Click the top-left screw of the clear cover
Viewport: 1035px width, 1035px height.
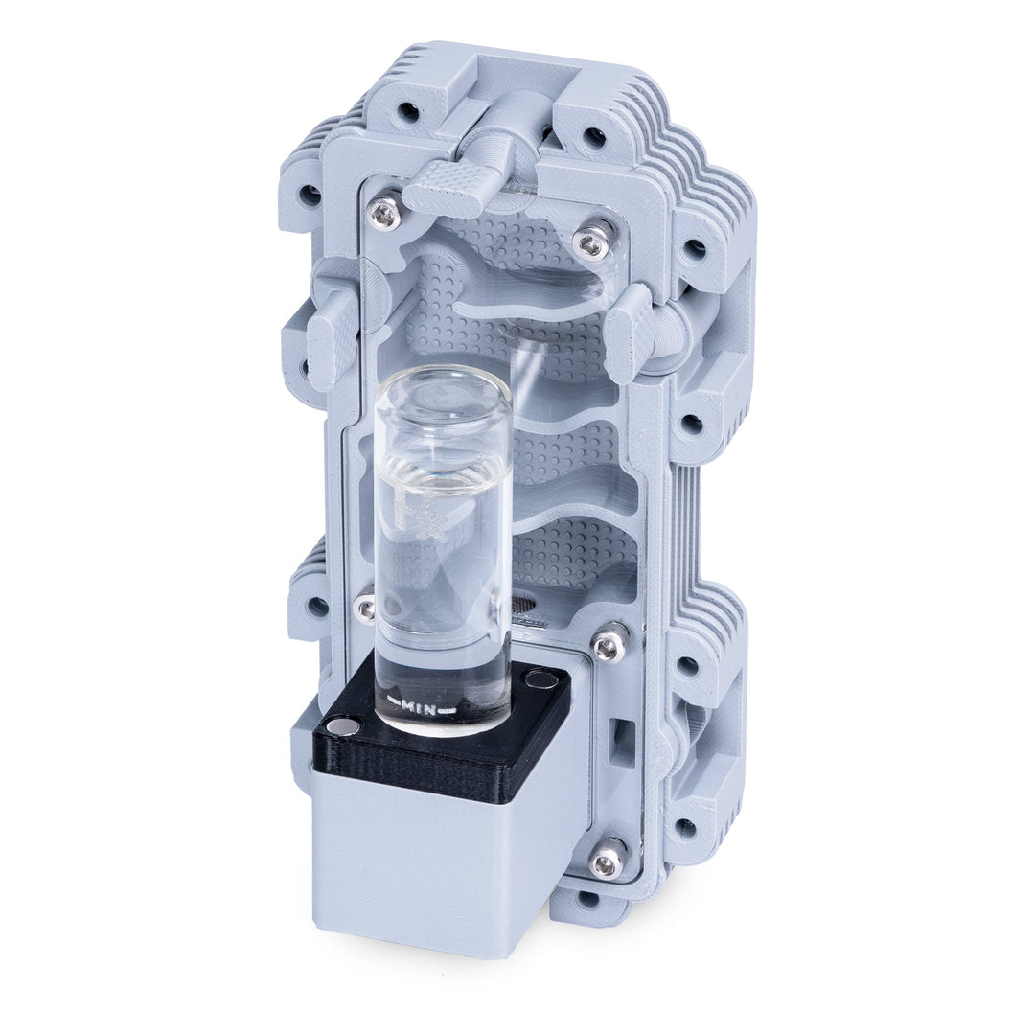[x=385, y=214]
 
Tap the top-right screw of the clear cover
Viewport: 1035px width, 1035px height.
[x=591, y=241]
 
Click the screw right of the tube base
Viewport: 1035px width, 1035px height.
[x=609, y=645]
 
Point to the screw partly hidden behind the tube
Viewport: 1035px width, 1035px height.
[x=365, y=608]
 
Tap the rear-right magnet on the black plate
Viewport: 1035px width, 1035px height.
[x=542, y=679]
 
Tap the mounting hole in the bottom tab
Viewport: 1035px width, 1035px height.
[x=587, y=900]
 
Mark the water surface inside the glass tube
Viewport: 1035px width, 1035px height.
[x=442, y=479]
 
